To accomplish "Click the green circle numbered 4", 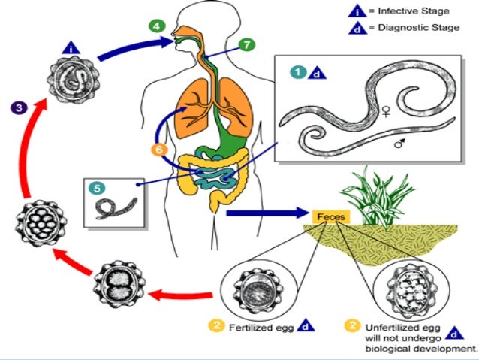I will (157, 25).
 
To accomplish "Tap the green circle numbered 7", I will (248, 44).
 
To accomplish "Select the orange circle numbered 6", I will (158, 150).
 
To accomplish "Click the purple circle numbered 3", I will (19, 107).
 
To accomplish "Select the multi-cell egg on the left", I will (35, 224).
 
